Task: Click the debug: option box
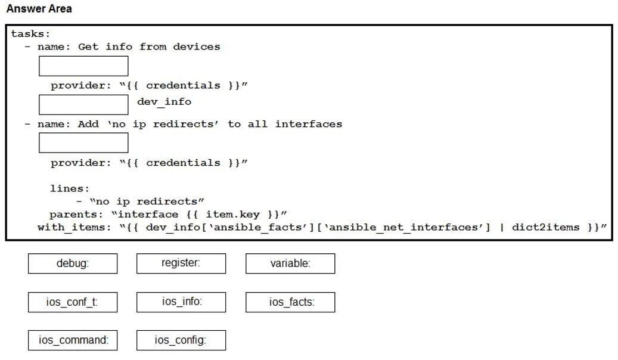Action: point(73,263)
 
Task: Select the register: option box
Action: point(181,263)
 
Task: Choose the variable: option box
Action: point(290,263)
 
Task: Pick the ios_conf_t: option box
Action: point(73,302)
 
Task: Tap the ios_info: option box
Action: point(181,302)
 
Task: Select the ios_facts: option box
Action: point(290,302)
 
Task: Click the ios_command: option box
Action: point(73,340)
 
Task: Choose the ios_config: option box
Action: point(181,340)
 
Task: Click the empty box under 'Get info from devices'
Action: point(83,66)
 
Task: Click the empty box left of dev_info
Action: point(83,104)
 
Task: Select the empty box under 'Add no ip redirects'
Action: point(83,142)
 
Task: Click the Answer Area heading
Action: point(39,9)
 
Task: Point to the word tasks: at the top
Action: point(30,34)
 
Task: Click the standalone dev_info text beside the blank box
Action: point(164,102)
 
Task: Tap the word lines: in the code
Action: point(70,188)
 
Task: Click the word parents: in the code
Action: point(76,215)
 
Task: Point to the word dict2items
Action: point(545,227)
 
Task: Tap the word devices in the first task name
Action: point(197,46)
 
